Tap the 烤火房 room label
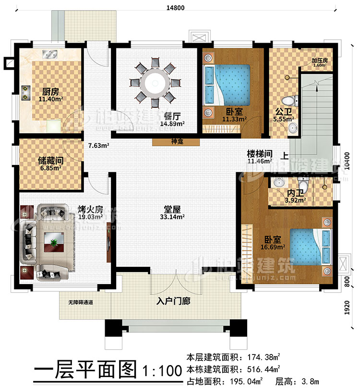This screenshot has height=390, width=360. pos(90,209)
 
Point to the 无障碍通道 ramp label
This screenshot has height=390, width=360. pos(80,303)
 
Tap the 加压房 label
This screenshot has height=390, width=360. pos(319,61)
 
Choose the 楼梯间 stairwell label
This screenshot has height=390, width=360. pos(260,154)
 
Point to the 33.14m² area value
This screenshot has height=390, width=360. pos(171,217)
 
